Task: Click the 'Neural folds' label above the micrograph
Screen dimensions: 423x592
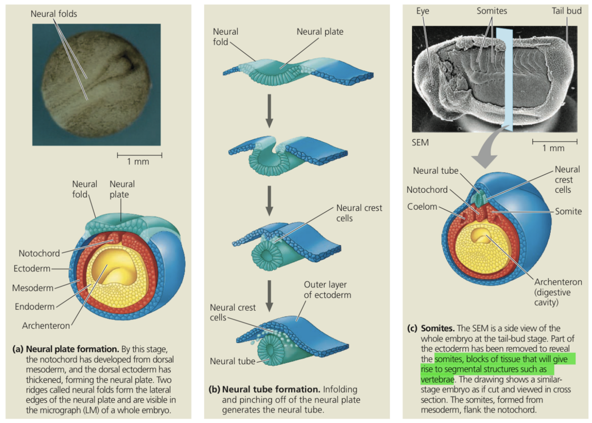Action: coord(54,14)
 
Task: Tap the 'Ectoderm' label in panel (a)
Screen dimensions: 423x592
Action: coord(32,269)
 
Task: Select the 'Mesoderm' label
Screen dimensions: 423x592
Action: coord(33,288)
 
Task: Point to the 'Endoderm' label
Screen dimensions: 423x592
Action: coord(35,307)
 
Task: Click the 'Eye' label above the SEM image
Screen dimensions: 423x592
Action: coord(422,11)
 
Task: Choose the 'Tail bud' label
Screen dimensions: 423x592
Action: coord(566,11)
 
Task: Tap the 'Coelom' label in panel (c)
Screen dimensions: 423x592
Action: coord(422,206)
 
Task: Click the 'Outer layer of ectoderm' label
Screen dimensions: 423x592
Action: coord(328,290)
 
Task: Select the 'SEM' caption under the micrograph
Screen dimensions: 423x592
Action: coord(420,142)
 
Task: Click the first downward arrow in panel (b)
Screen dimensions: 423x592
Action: coord(269,111)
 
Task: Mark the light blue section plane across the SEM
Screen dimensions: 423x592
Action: coord(505,80)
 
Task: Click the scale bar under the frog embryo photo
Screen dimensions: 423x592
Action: coord(139,155)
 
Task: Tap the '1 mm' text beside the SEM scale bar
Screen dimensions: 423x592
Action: coord(553,148)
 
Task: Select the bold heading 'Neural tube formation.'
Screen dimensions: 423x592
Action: coord(271,389)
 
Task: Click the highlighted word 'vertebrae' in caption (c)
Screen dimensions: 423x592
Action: coord(437,380)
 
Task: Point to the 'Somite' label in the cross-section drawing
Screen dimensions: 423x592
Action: coord(568,211)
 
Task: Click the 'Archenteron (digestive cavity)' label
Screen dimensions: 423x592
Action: coord(558,292)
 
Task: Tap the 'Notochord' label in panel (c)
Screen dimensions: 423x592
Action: coord(427,190)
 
